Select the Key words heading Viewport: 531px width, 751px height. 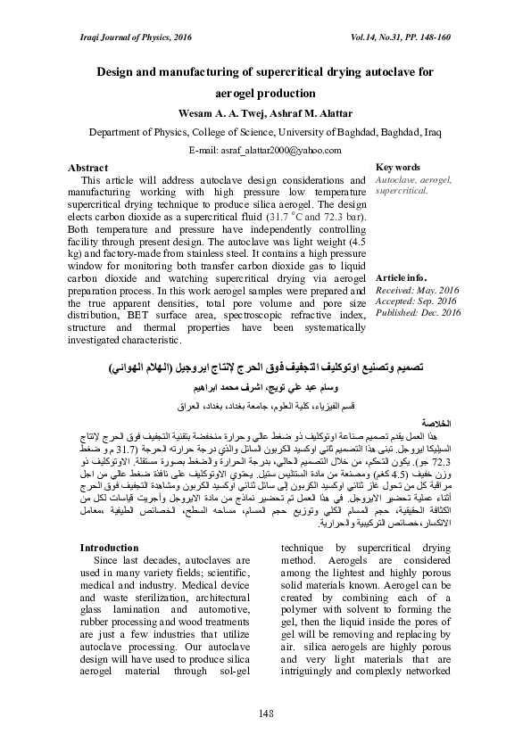[x=399, y=168]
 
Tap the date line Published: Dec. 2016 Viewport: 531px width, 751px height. [x=419, y=313]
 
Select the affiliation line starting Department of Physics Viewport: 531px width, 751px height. [x=265, y=132]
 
